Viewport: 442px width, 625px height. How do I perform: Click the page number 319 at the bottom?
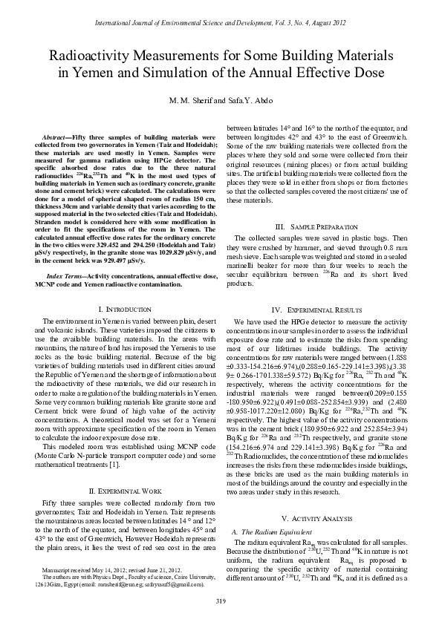pyautogui.click(x=221, y=601)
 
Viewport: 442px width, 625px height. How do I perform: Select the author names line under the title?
pyautogui.click(x=221, y=100)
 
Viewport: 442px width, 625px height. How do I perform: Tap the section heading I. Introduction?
pyautogui.click(x=125, y=308)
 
